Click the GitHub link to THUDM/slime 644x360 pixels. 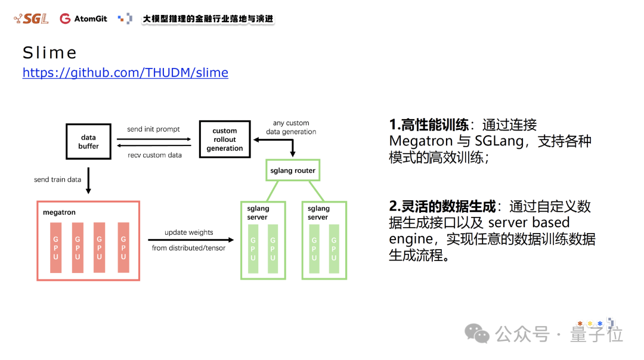tap(125, 73)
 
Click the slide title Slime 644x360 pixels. tap(49, 53)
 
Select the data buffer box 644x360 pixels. tap(88, 142)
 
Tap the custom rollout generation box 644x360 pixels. tap(224, 139)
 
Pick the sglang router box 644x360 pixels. tap(293, 170)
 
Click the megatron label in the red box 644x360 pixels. tap(59, 212)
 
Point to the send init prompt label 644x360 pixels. tap(153, 129)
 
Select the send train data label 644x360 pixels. tap(57, 179)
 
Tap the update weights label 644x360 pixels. tap(188, 232)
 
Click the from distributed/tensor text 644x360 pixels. tap(188, 247)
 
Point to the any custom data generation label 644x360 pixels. tap(291, 128)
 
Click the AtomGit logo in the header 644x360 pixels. tap(83, 18)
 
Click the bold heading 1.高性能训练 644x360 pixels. tap(428, 125)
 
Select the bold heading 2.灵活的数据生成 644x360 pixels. tap(442, 206)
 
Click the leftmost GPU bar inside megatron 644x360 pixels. tap(55, 247)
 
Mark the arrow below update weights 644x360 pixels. tap(188, 240)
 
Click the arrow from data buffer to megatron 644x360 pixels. tap(88, 180)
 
